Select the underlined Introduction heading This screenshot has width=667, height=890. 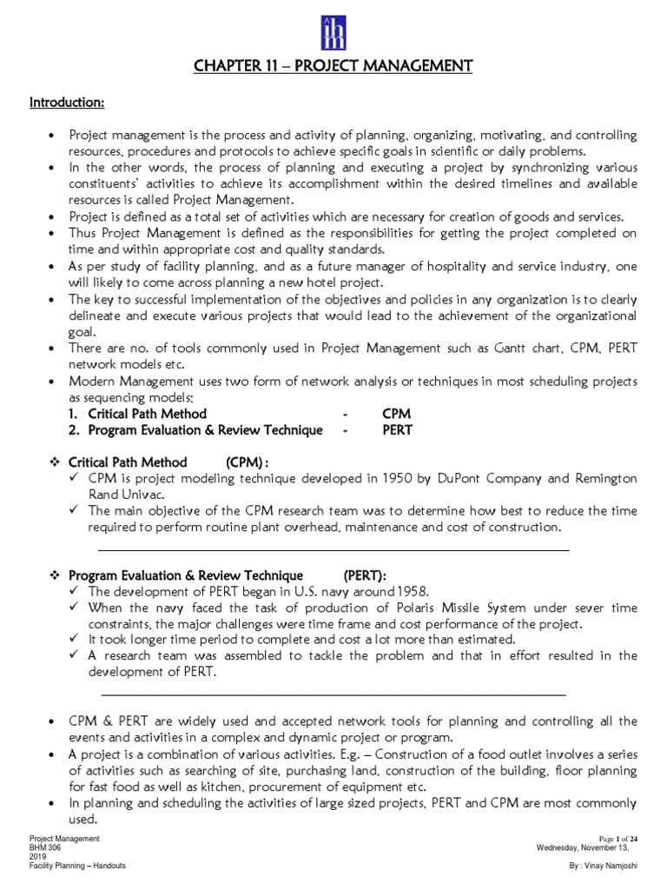pyautogui.click(x=68, y=103)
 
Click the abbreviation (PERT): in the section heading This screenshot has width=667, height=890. pyautogui.click(x=365, y=575)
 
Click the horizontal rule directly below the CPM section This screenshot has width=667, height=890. pyautogui.click(x=334, y=550)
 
